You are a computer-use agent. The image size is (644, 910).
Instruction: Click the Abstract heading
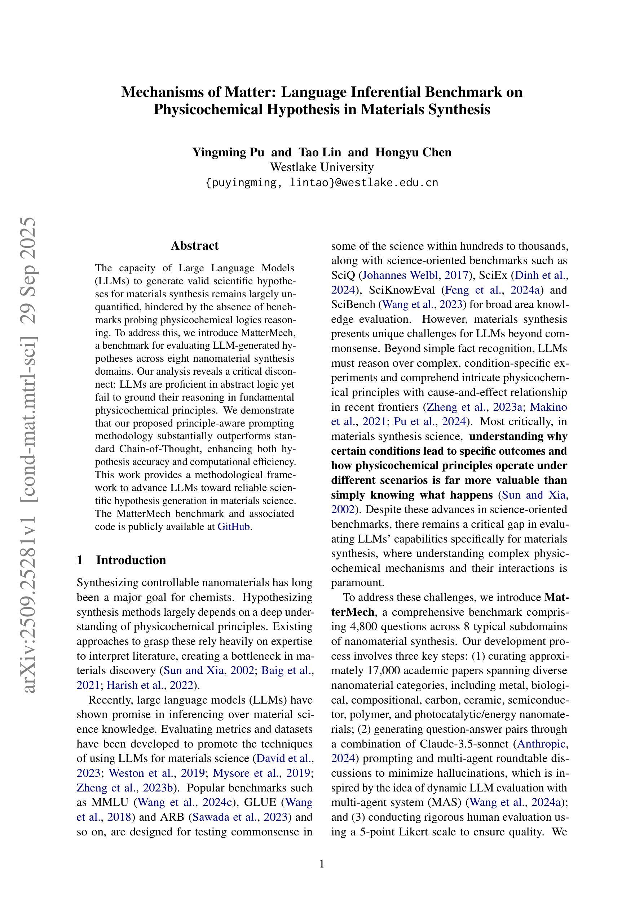[194, 246]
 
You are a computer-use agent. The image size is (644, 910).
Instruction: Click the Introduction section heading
[131, 560]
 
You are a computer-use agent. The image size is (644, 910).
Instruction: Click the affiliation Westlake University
[322, 167]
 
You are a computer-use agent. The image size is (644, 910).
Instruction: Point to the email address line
[322, 183]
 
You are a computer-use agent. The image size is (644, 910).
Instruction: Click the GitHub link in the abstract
[234, 527]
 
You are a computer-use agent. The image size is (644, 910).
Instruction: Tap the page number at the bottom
[322, 864]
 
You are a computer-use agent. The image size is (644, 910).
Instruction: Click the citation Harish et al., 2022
[150, 685]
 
